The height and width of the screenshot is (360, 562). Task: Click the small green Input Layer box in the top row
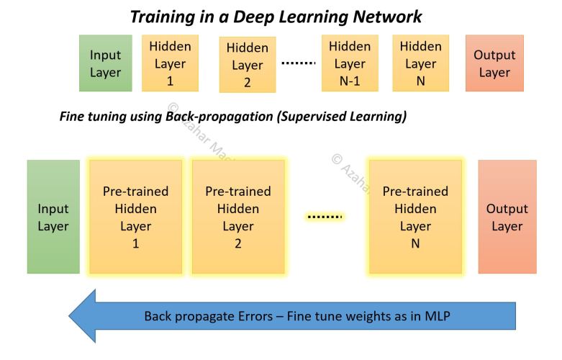point(106,63)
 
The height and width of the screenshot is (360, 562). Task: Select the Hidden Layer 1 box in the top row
point(170,63)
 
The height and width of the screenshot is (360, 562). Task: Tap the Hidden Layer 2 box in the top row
point(247,65)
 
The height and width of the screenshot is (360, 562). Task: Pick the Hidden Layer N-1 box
point(349,63)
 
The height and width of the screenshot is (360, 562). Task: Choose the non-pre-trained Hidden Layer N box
point(420,63)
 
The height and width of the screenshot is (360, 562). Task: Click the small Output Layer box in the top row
point(494,63)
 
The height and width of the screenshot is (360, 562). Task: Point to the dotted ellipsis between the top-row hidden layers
point(298,63)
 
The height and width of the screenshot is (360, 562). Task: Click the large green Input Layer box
point(53,217)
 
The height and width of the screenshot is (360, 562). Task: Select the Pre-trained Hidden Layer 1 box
point(135,217)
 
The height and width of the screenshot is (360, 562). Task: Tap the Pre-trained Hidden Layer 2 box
point(238,217)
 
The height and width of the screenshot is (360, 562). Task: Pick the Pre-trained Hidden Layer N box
point(414,217)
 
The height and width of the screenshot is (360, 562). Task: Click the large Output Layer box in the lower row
point(507,217)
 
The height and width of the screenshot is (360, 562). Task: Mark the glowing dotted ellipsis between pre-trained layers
point(325,216)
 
